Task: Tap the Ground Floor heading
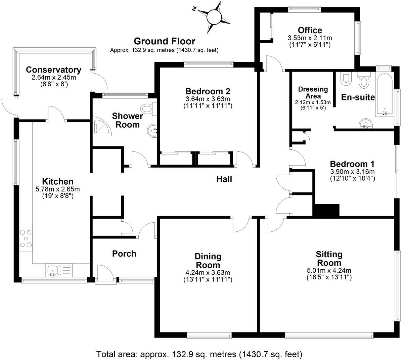[x=164, y=41]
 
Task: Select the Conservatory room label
[x=53, y=70]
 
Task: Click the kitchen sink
[x=53, y=270]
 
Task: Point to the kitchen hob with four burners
[x=26, y=238]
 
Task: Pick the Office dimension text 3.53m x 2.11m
[x=309, y=38]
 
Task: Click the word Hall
[x=224, y=179]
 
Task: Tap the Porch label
[x=124, y=254]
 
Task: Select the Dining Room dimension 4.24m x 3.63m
[x=208, y=272]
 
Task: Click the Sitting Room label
[x=329, y=259]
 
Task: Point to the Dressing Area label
[x=313, y=93]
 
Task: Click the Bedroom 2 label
[x=208, y=91]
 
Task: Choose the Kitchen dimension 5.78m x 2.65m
[x=58, y=189]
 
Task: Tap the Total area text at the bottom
[x=199, y=354]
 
